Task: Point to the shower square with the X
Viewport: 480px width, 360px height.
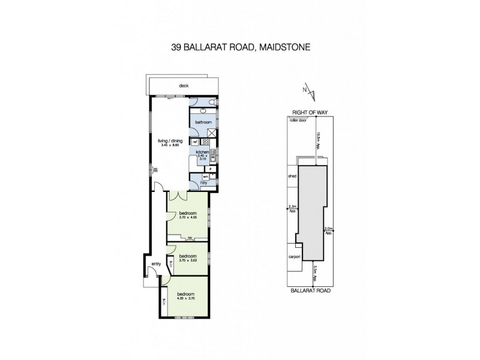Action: [211, 133]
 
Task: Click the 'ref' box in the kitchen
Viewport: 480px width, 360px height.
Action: [195, 142]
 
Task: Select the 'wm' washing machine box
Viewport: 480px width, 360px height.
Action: [205, 176]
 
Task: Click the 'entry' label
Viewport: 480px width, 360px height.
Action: [156, 263]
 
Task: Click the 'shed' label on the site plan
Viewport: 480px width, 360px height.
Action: [293, 176]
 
